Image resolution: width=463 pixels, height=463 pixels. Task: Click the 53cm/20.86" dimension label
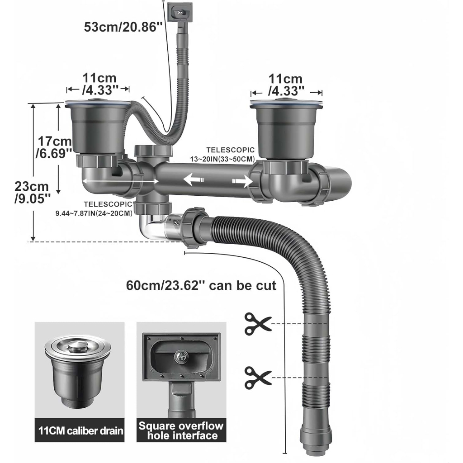123,27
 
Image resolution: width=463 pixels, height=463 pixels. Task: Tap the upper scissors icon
258,324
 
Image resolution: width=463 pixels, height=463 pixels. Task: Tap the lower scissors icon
258,378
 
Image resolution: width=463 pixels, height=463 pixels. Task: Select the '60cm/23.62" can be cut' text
201,286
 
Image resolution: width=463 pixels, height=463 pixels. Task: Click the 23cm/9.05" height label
32,192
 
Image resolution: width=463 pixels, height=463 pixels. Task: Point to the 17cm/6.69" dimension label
54,147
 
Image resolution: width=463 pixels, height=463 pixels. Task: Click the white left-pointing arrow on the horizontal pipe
194,180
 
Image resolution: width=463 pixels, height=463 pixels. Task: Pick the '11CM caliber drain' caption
80,430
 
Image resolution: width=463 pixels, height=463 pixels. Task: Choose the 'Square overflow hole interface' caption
181,430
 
